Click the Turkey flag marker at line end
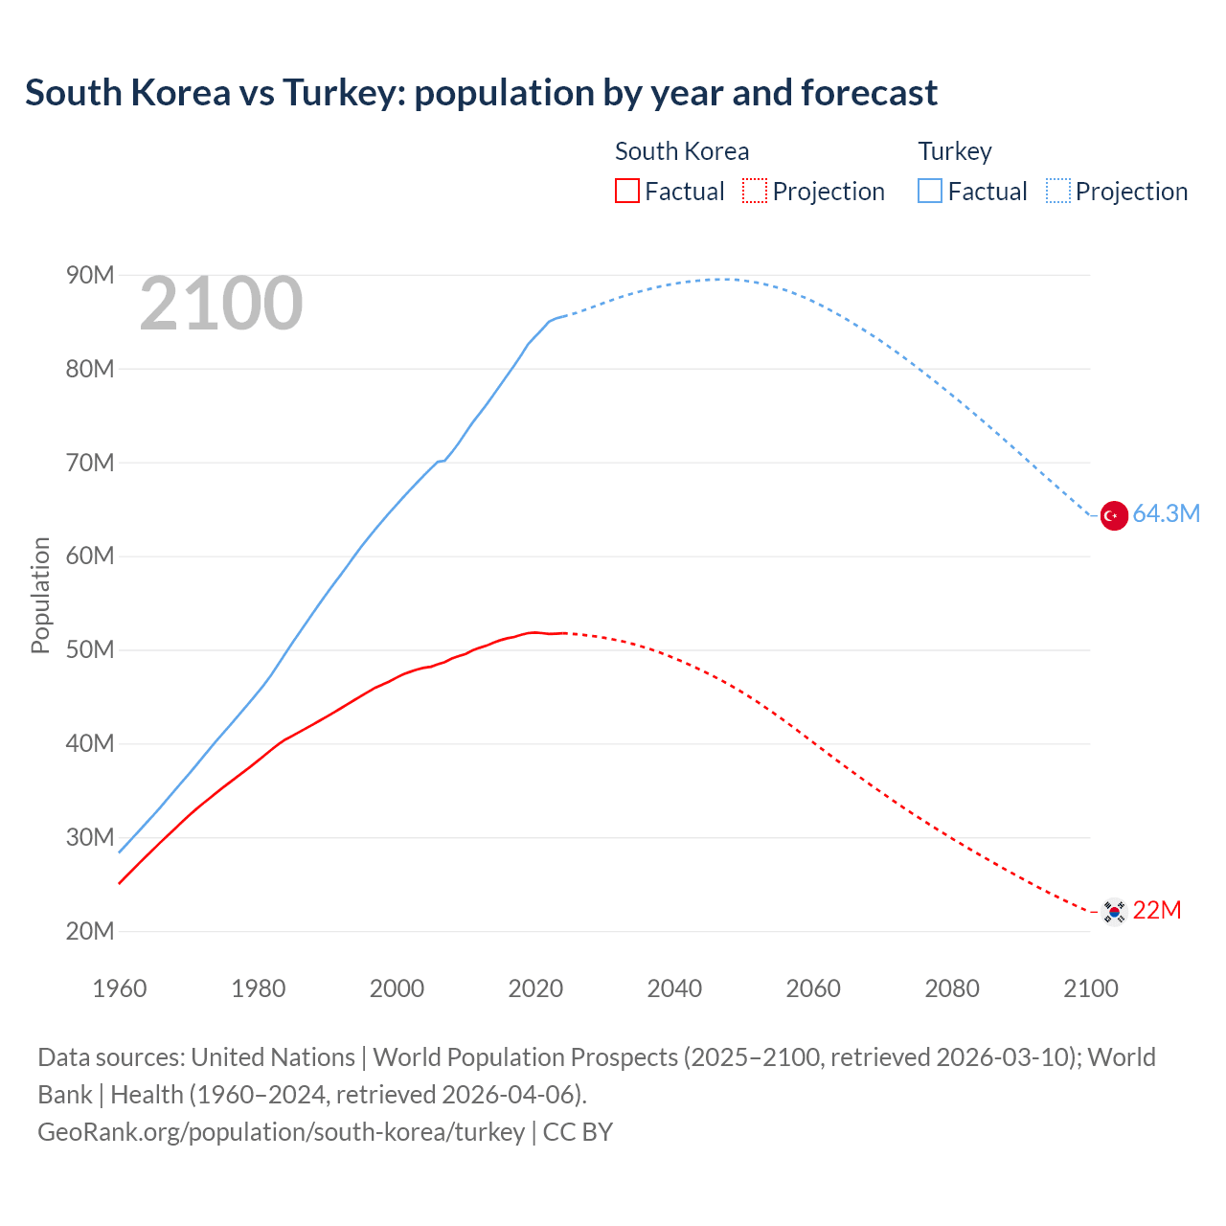click(1113, 515)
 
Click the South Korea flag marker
click(1113, 911)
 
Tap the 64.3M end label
click(1166, 514)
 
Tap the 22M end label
click(1156, 910)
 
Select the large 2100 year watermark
click(221, 305)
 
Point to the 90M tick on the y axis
click(90, 276)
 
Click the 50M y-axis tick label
click(90, 650)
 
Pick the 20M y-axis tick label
click(90, 931)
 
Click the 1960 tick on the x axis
click(120, 988)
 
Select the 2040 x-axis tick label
click(674, 988)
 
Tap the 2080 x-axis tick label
click(952, 988)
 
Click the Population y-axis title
click(40, 595)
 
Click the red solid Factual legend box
click(626, 192)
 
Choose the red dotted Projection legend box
click(755, 192)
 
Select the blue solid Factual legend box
click(929, 192)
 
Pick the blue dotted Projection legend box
click(1058, 192)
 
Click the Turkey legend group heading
click(955, 151)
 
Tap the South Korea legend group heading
click(682, 151)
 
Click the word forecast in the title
click(869, 93)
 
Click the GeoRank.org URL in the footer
click(281, 1132)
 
